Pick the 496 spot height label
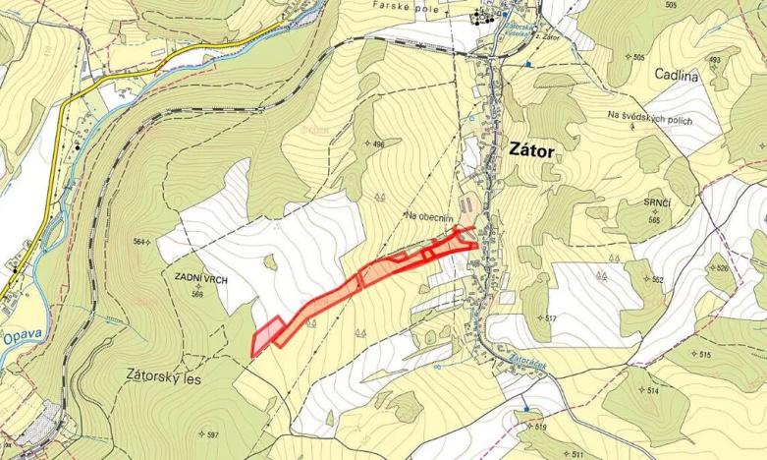(379, 144)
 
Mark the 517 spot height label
(550, 318)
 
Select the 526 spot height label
(724, 267)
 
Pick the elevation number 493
(714, 60)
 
